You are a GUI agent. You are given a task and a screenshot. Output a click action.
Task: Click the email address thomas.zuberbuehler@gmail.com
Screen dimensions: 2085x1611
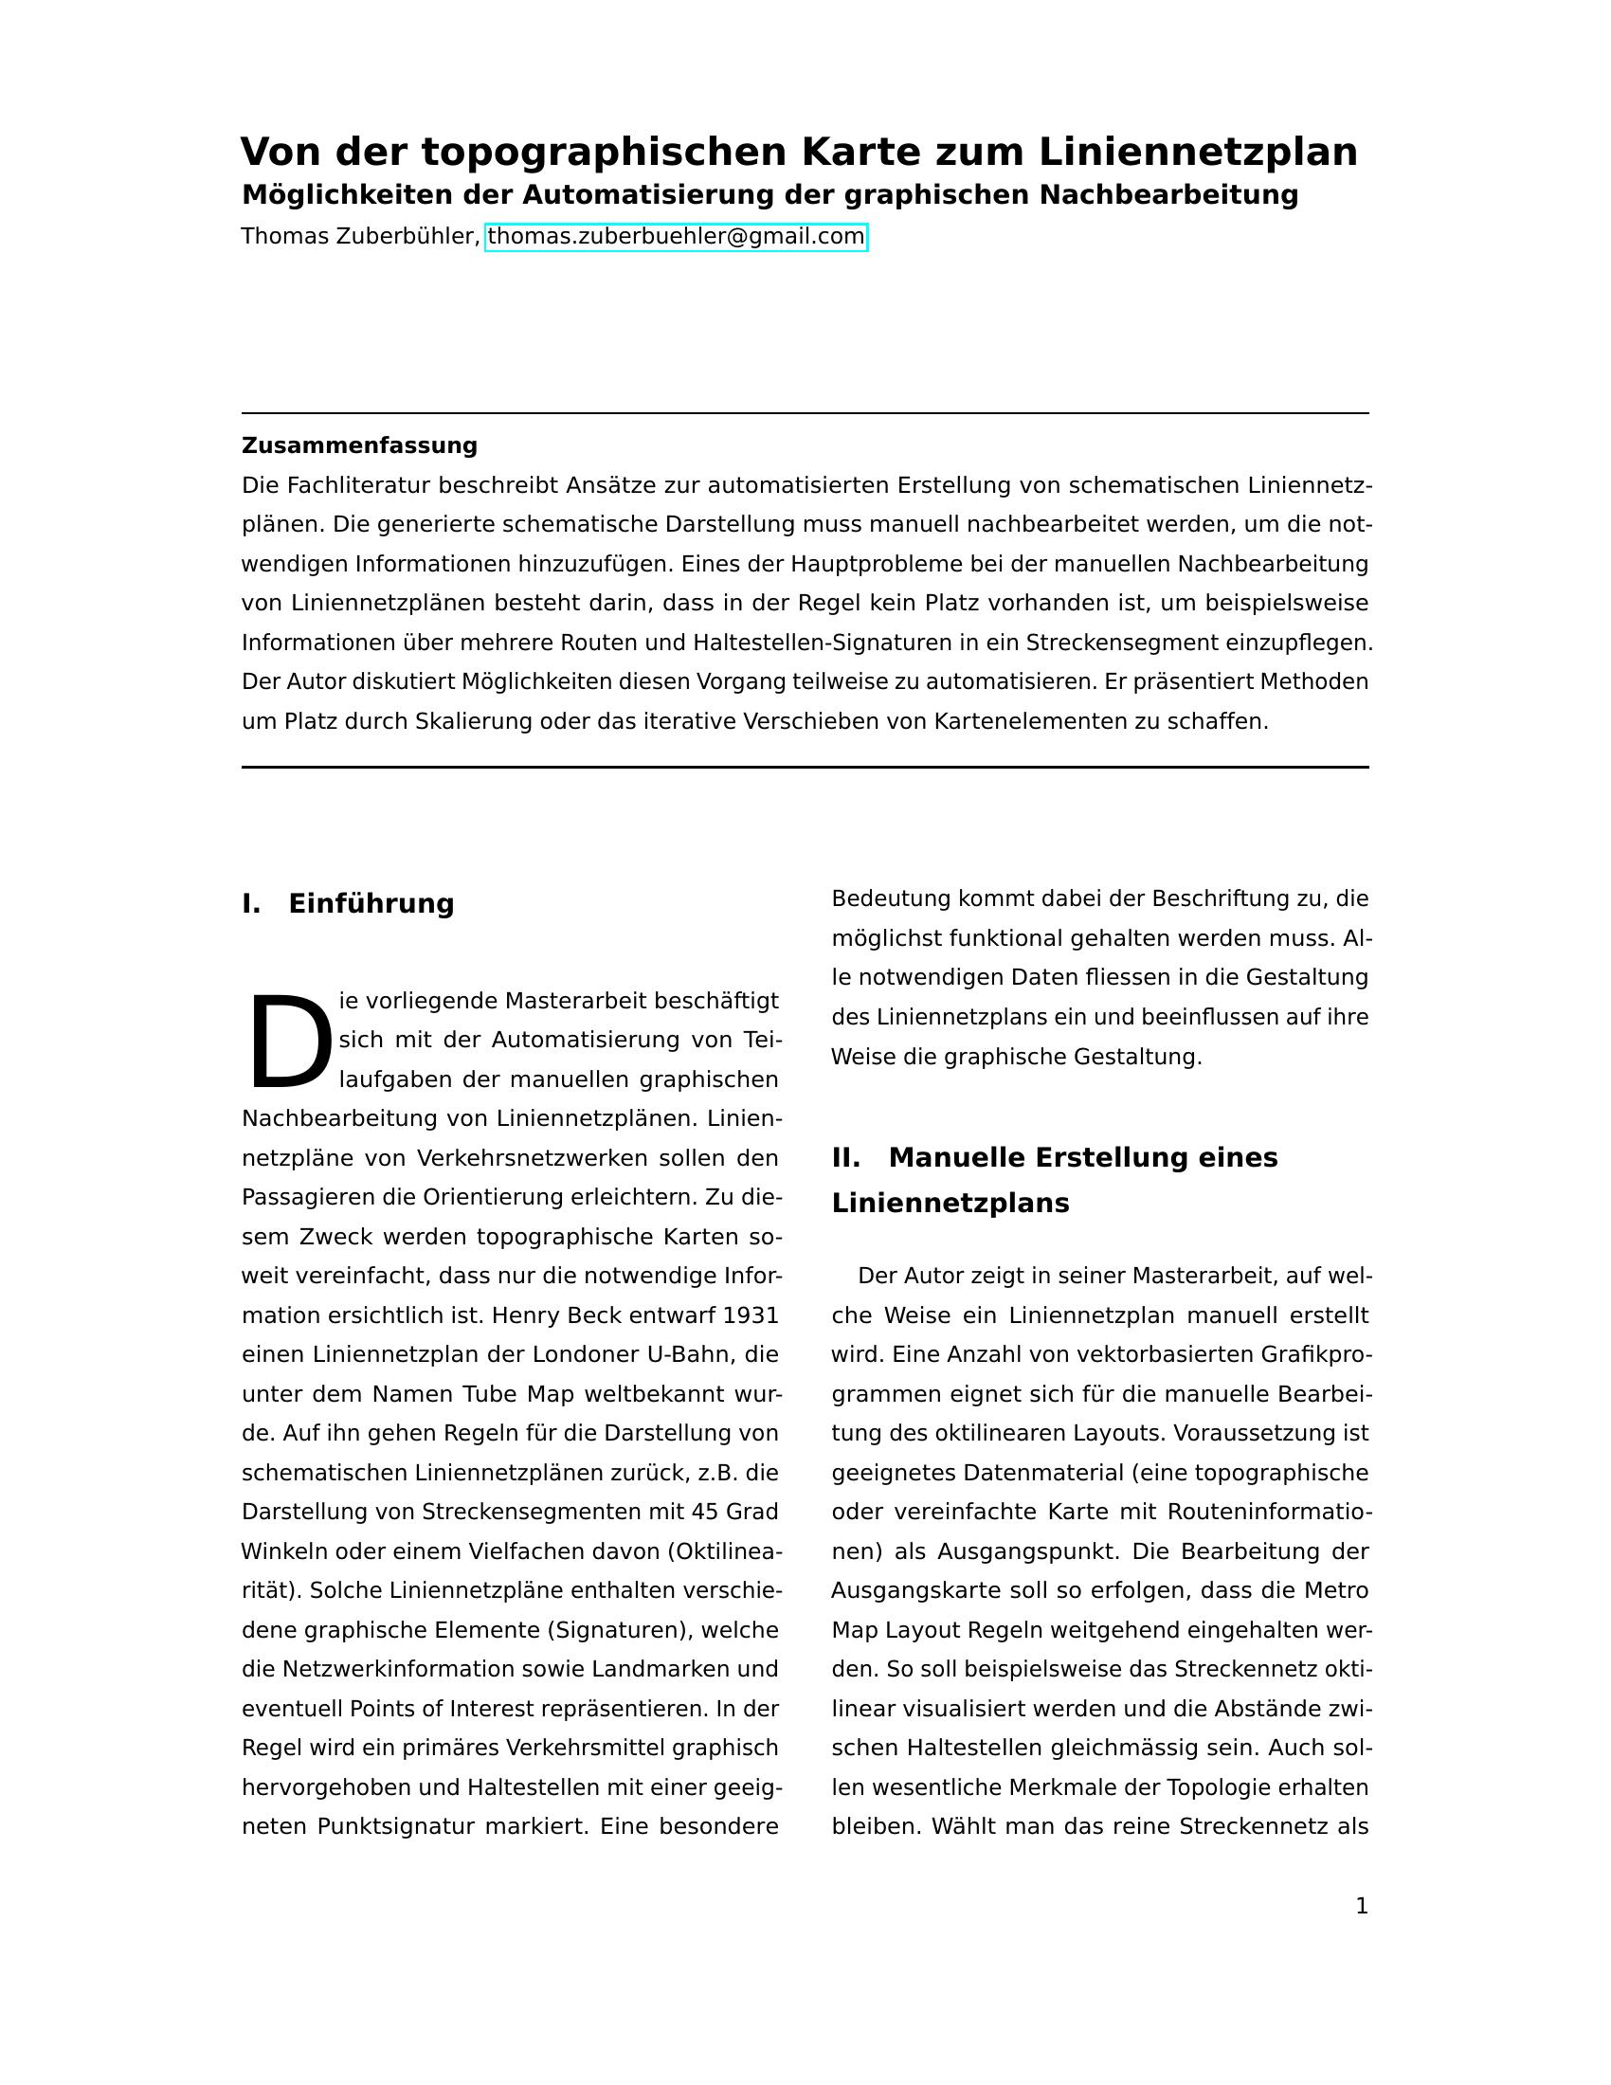pos(676,236)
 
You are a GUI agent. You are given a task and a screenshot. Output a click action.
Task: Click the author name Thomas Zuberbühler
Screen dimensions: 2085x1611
pos(359,236)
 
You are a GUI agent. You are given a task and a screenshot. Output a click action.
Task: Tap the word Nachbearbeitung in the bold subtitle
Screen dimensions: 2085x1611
pos(1168,194)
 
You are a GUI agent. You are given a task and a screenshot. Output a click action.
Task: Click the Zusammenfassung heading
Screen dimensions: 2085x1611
pos(359,445)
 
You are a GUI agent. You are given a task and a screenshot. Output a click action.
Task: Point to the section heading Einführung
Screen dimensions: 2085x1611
pos(371,903)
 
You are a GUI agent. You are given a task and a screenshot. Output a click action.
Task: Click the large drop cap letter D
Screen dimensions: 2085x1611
pos(289,1042)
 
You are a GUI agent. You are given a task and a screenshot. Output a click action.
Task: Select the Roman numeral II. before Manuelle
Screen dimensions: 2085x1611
pos(845,1157)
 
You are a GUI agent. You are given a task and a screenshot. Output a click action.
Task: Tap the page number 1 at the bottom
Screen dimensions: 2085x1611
pos(1362,1907)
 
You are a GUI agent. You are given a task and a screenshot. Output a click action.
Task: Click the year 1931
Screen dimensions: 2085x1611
pos(751,1315)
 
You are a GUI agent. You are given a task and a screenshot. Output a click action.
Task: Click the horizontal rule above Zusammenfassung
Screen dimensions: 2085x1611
pos(805,413)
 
